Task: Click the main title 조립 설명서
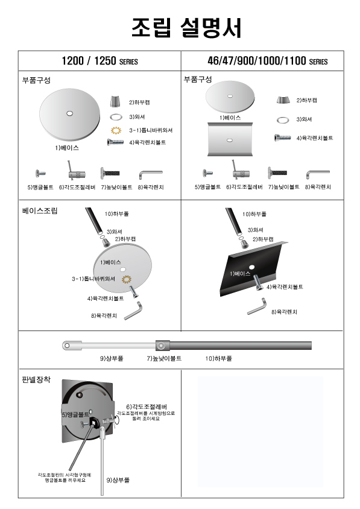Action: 187,27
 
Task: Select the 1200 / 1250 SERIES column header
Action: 99,61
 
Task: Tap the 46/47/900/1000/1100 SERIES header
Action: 268,61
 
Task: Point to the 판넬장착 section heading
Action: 36,379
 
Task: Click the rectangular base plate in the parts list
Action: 230,139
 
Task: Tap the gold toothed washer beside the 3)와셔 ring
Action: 116,130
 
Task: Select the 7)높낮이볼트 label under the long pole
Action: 164,358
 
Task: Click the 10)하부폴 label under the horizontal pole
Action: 218,358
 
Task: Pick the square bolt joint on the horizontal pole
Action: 162,346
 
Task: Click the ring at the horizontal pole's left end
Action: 67,346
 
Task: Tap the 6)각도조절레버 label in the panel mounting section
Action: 147,406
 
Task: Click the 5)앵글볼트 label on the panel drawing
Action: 75,414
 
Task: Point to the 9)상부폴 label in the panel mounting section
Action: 118,480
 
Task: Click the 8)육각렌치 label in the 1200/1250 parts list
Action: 151,188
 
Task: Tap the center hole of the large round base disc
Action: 69,113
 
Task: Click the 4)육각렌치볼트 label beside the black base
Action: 285,287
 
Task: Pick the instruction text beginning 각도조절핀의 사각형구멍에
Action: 65,478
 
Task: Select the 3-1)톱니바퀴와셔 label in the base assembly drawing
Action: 93,279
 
